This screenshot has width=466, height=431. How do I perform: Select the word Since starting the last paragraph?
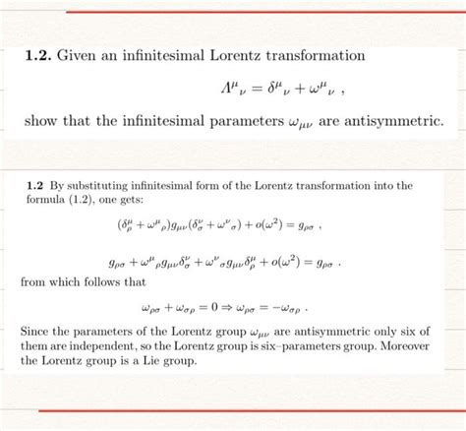coord(34,332)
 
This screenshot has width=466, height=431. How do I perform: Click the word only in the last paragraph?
coord(362,332)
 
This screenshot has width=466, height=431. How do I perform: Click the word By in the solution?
coord(54,184)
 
